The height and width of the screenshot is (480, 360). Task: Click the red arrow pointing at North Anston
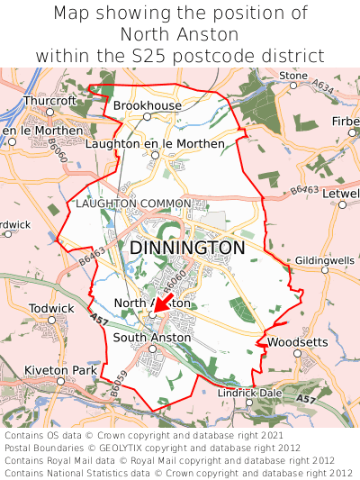click(x=163, y=305)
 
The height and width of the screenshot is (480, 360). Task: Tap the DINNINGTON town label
click(x=187, y=248)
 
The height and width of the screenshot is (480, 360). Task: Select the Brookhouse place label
click(x=147, y=105)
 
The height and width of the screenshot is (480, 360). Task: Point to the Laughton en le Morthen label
click(x=155, y=143)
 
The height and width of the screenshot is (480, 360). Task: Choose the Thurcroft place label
click(x=50, y=101)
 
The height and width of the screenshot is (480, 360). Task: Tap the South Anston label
click(x=152, y=338)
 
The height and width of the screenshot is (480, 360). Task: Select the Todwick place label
click(x=51, y=308)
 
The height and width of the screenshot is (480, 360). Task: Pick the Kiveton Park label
click(x=59, y=370)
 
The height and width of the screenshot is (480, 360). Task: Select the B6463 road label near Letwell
click(x=304, y=191)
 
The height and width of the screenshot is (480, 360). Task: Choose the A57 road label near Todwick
click(x=99, y=319)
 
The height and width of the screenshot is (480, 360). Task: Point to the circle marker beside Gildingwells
click(x=325, y=269)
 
